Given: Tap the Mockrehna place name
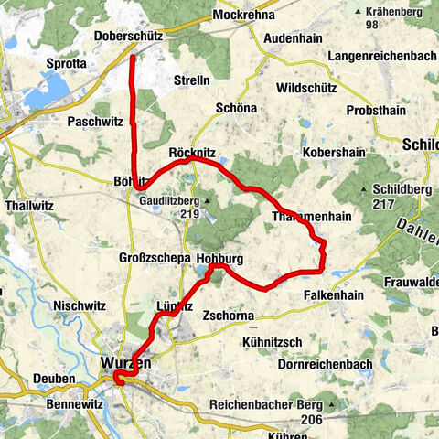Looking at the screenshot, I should click(243, 16).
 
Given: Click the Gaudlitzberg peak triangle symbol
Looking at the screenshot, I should click(208, 200).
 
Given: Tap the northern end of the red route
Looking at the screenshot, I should click(133, 58).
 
